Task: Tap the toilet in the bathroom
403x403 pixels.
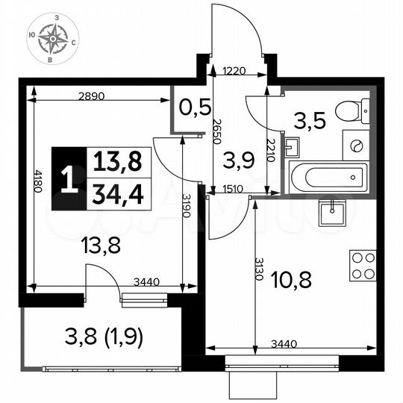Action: pyautogui.click(x=351, y=112)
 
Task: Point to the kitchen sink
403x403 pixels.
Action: pyautogui.click(x=329, y=213)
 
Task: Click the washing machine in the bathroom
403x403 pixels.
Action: pyautogui.click(x=356, y=146)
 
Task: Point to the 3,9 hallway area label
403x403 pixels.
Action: pyautogui.click(x=240, y=159)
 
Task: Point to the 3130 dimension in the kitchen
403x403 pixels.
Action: pyautogui.click(x=259, y=268)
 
